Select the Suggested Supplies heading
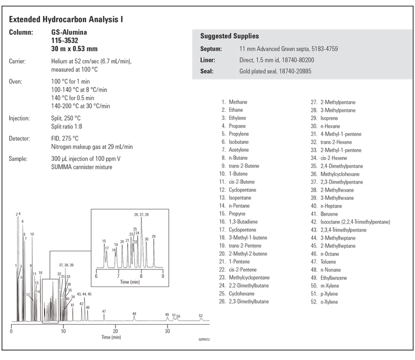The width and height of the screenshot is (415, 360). click(229, 36)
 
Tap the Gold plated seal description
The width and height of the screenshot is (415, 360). click(275, 71)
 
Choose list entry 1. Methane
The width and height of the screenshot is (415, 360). click(234, 102)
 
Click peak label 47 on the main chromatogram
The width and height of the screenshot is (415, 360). click(104, 311)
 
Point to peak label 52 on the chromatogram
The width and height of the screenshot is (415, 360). click(201, 316)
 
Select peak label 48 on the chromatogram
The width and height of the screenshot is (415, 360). click(134, 314)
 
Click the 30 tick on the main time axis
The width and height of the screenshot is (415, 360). click(167, 331)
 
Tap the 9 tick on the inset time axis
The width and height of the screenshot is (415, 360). click(163, 276)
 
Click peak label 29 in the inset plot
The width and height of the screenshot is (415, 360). click(154, 236)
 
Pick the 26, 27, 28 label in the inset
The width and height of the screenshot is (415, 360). click(142, 214)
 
